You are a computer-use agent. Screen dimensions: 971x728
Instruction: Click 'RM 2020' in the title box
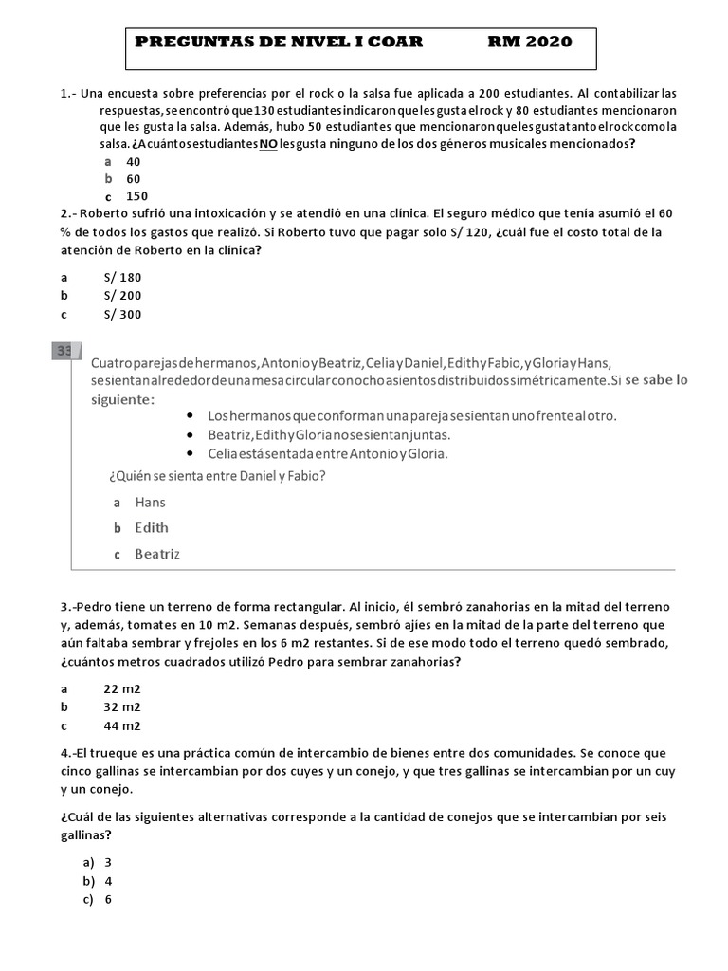[x=530, y=42]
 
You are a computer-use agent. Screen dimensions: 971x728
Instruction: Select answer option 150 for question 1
[x=137, y=196]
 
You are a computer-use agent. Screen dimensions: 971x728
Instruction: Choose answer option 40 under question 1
[x=134, y=162]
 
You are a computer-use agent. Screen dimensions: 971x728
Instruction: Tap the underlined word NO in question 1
[x=268, y=144]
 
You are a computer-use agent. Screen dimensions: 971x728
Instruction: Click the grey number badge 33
[x=64, y=352]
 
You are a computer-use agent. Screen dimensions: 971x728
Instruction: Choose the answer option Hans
[x=150, y=503]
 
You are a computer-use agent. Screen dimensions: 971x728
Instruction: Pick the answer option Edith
[x=152, y=528]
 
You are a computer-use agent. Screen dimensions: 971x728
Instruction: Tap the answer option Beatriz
[x=157, y=554]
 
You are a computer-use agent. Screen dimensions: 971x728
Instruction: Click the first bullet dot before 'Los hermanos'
[x=190, y=416]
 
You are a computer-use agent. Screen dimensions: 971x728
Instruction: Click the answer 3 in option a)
[x=108, y=863]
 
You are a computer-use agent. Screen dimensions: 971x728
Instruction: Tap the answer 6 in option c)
[x=108, y=900]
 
